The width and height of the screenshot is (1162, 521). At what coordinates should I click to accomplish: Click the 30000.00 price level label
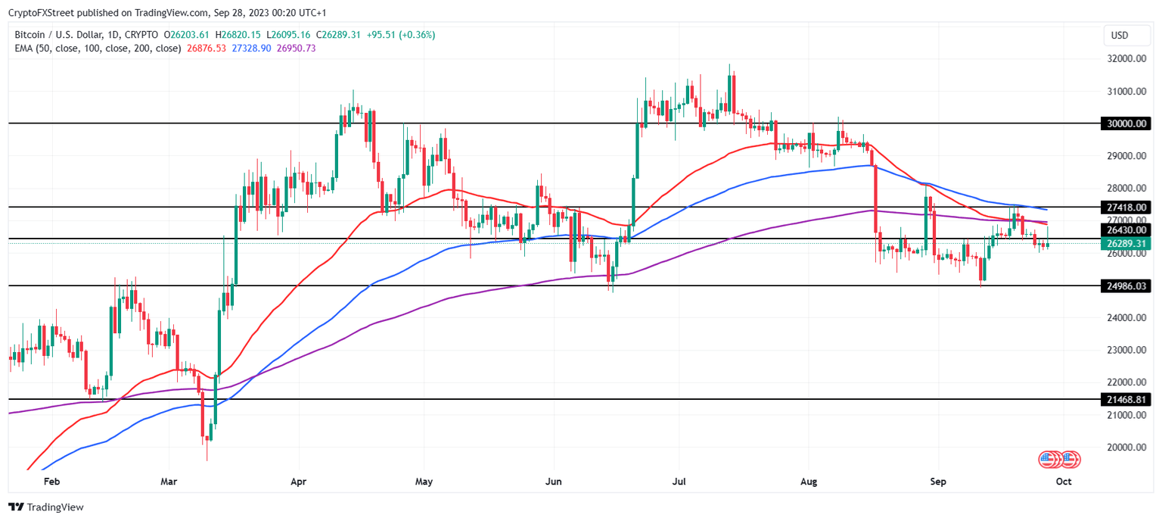(1126, 123)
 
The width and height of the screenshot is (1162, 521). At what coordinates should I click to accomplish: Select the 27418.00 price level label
(1126, 207)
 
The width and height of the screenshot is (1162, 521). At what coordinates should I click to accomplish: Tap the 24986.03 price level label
(1126, 285)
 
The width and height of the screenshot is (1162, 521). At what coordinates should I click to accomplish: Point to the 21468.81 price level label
(1126, 399)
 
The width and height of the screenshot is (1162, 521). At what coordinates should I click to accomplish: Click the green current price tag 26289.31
(1126, 244)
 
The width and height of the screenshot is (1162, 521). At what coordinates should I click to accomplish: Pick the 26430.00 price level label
(1126, 229)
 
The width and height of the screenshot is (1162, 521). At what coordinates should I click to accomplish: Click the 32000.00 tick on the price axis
(1125, 58)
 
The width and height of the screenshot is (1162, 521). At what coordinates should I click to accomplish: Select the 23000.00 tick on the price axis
(1125, 351)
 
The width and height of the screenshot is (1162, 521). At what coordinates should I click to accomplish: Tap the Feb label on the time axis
(51, 481)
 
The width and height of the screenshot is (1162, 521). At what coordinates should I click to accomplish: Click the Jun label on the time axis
(554, 481)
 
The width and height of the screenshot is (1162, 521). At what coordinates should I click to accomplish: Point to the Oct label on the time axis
(1063, 481)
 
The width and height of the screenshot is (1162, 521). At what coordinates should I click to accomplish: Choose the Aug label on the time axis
(809, 481)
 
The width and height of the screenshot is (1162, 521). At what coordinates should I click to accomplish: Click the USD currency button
(1119, 35)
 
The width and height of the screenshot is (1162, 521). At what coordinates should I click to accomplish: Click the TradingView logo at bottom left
(46, 507)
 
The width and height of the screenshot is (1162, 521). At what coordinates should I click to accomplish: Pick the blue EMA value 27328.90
(251, 48)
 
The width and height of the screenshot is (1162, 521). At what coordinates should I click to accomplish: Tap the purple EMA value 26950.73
(296, 48)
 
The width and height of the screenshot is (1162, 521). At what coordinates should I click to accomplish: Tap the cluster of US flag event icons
(1058, 459)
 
